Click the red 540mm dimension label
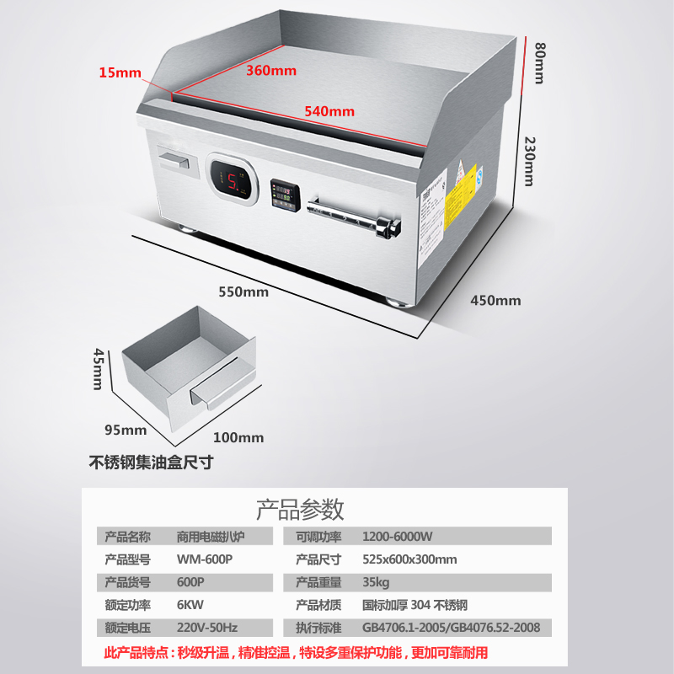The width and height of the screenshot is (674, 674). (329, 111)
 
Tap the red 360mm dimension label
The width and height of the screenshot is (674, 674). (271, 71)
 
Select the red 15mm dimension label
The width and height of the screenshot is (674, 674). (120, 72)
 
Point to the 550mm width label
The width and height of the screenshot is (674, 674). (243, 292)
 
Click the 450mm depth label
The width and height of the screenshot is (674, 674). (495, 300)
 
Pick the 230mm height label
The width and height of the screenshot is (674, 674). (528, 162)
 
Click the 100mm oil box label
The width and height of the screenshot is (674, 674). (238, 437)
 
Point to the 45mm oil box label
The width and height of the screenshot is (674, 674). (98, 370)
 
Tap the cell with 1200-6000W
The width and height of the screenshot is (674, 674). (398, 537)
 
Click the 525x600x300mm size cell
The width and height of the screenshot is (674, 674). (409, 559)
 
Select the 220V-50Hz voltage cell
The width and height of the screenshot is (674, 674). (207, 628)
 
